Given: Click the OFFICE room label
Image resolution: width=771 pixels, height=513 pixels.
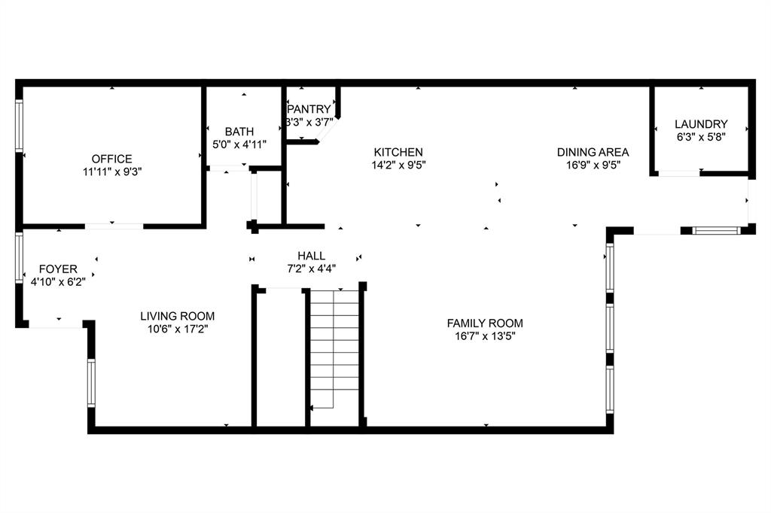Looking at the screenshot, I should pos(111,159).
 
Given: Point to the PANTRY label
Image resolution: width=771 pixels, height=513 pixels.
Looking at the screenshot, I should pos(309,109).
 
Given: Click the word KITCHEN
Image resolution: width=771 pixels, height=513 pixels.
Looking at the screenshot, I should pos(397,152).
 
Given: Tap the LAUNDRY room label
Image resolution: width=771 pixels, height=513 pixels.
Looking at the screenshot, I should pos(700,124).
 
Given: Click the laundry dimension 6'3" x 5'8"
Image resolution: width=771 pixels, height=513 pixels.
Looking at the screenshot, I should pos(700,137).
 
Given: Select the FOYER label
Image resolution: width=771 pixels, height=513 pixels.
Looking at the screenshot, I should pos(58,269).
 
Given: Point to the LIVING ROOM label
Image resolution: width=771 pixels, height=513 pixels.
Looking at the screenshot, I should pos(178,316).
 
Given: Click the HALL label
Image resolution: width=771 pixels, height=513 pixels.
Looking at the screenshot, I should pos(311,256).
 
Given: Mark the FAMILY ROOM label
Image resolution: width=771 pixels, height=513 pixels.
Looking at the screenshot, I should pos(485,323).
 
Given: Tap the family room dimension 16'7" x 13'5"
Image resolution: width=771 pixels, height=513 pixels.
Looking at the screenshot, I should pos(485,335).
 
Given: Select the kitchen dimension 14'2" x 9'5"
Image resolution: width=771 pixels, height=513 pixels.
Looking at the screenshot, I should pos(397,165).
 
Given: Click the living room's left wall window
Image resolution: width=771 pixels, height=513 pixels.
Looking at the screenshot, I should pos(91,383).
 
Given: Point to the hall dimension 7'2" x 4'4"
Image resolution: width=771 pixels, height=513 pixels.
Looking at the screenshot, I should pos(311,268).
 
